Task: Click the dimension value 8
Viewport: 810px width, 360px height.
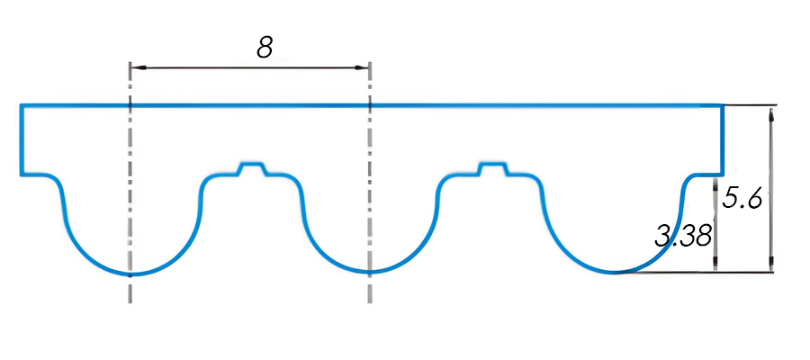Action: point(264,47)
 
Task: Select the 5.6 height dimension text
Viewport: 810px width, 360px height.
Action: point(742,198)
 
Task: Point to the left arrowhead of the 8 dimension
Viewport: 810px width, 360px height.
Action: point(138,67)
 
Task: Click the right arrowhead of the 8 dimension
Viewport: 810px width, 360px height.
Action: point(363,67)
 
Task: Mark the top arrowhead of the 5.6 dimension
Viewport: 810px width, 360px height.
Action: point(771,112)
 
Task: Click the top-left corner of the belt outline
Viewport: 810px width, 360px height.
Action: point(22,106)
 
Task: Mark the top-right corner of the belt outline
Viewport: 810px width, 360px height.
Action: point(723,106)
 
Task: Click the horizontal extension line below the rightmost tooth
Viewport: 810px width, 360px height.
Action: point(702,272)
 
